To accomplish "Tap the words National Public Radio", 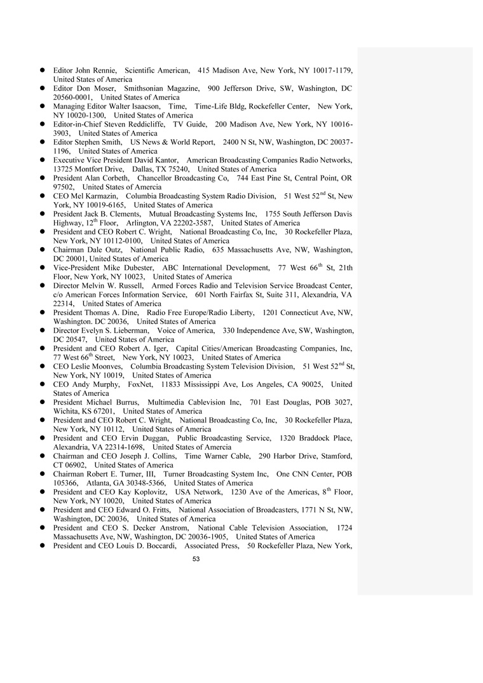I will [172, 250].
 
